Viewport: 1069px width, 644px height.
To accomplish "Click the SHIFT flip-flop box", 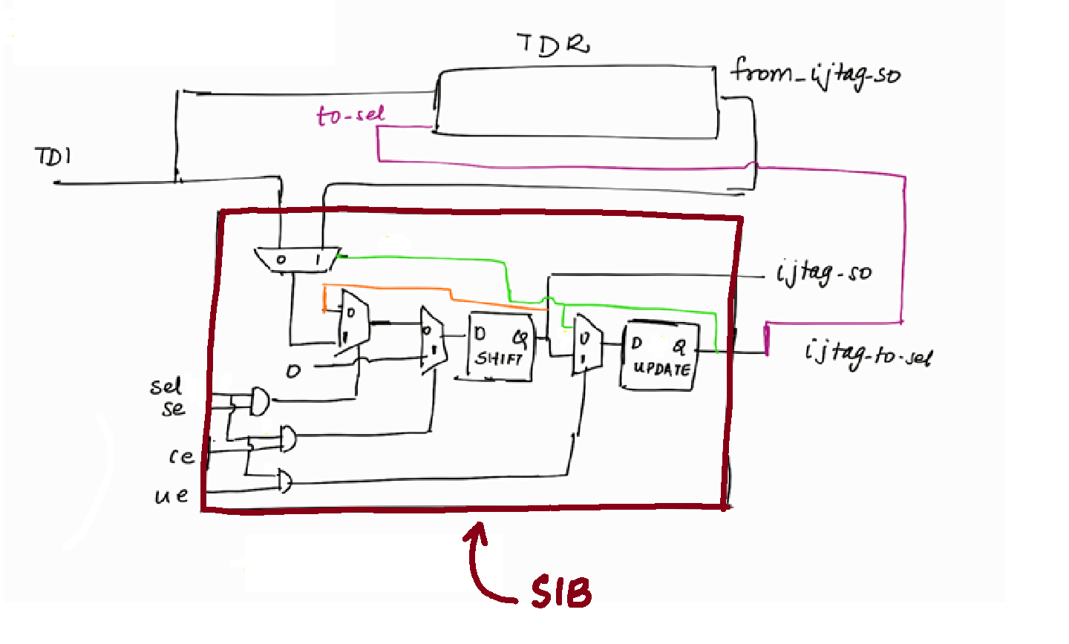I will [500, 348].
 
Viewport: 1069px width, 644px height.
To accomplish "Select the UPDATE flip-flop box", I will [659, 356].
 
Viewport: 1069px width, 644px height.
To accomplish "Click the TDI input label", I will [53, 157].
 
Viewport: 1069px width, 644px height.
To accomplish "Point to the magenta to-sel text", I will [350, 115].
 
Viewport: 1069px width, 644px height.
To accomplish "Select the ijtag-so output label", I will [824, 273].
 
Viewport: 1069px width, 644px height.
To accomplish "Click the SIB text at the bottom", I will [561, 593].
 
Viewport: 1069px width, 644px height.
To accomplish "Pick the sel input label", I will [165, 387].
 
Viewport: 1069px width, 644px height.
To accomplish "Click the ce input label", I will [180, 456].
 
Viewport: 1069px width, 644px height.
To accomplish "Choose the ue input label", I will [171, 495].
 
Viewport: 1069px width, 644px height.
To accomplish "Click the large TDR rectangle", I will [576, 103].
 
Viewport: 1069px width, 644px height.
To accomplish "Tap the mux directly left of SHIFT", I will [431, 339].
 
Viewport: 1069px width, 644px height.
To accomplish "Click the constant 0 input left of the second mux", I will [294, 370].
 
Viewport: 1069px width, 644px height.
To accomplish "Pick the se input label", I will [174, 408].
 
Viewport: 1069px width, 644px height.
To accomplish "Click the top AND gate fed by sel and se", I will [259, 401].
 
